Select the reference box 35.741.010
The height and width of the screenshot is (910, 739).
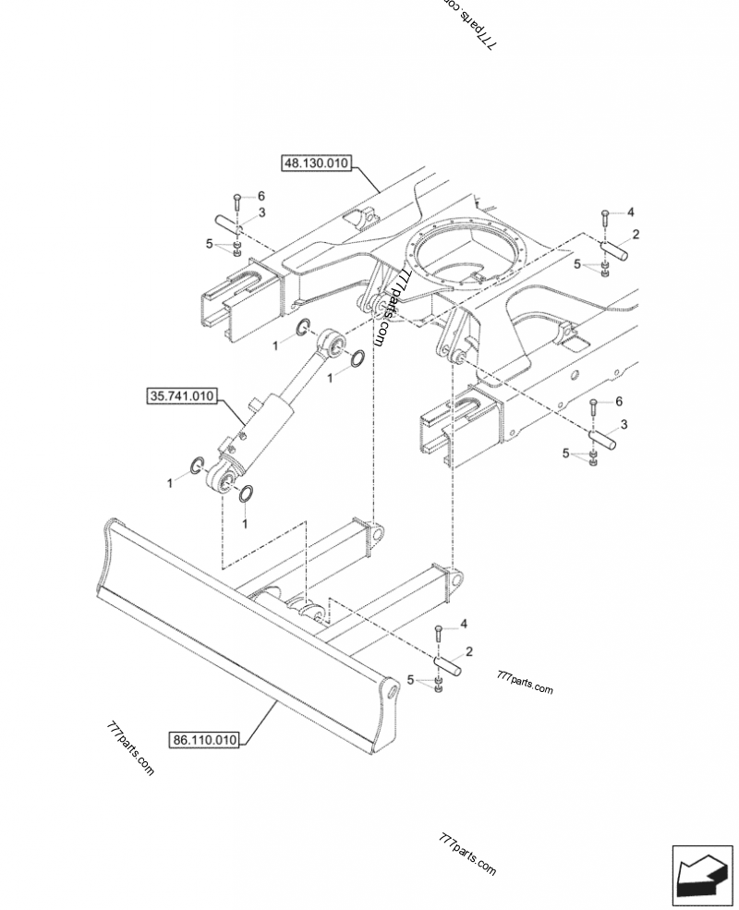click(x=181, y=397)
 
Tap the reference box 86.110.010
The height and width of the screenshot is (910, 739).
click(x=204, y=739)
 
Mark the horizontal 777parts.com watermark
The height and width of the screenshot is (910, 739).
click(x=524, y=688)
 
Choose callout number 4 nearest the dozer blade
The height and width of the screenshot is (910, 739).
click(x=464, y=625)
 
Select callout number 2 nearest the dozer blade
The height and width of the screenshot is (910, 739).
click(x=469, y=651)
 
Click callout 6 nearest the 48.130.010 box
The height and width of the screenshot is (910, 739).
click(x=260, y=196)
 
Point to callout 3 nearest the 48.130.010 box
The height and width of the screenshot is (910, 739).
click(x=261, y=213)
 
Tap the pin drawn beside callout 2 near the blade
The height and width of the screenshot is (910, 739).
click(x=447, y=663)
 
